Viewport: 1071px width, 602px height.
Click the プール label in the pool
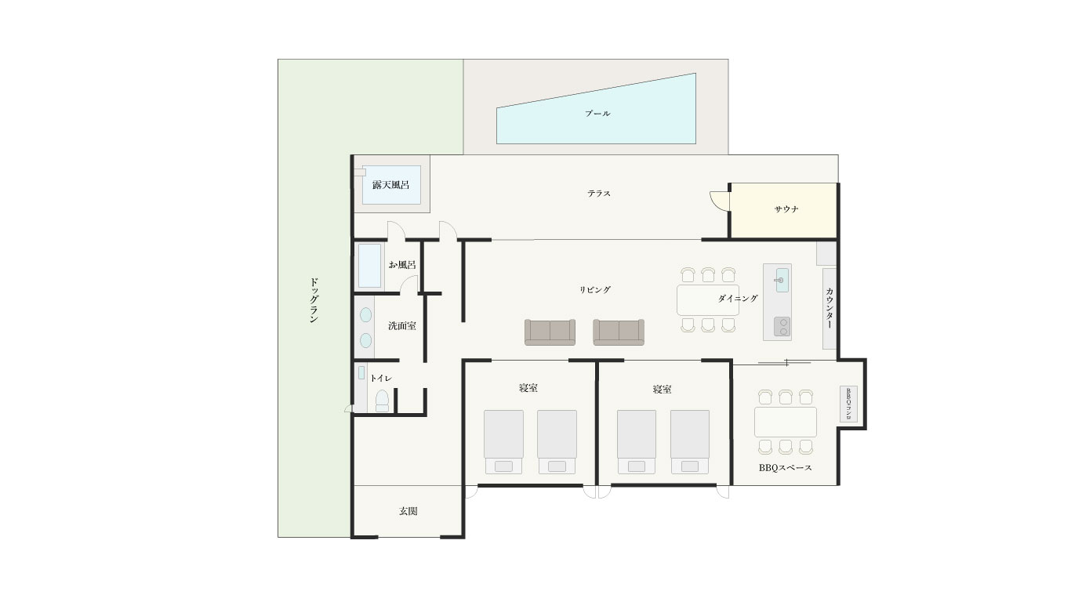(x=597, y=114)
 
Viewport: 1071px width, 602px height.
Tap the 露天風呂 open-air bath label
(x=390, y=185)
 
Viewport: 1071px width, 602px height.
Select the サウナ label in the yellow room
(x=786, y=209)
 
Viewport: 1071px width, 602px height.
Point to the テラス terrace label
(x=599, y=194)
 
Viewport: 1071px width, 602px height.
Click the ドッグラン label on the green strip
(x=314, y=300)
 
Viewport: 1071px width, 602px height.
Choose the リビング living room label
(x=595, y=290)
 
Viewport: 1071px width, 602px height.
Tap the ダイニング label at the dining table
(x=738, y=299)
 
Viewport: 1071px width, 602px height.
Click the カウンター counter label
(x=829, y=307)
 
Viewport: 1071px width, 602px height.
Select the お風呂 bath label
(x=401, y=264)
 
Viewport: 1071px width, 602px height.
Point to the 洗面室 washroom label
(x=401, y=326)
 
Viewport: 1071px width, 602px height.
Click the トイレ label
(x=381, y=379)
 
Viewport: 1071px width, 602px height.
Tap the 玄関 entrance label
(x=408, y=511)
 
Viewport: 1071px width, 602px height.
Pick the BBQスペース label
(x=785, y=468)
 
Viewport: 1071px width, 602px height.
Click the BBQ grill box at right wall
(x=848, y=404)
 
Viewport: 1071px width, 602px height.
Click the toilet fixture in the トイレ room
(x=383, y=401)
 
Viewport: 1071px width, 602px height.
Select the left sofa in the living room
(x=550, y=332)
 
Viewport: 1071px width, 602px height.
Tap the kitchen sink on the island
(x=782, y=280)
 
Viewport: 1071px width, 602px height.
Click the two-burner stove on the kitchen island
(x=782, y=327)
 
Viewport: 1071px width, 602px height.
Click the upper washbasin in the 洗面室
(x=366, y=314)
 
